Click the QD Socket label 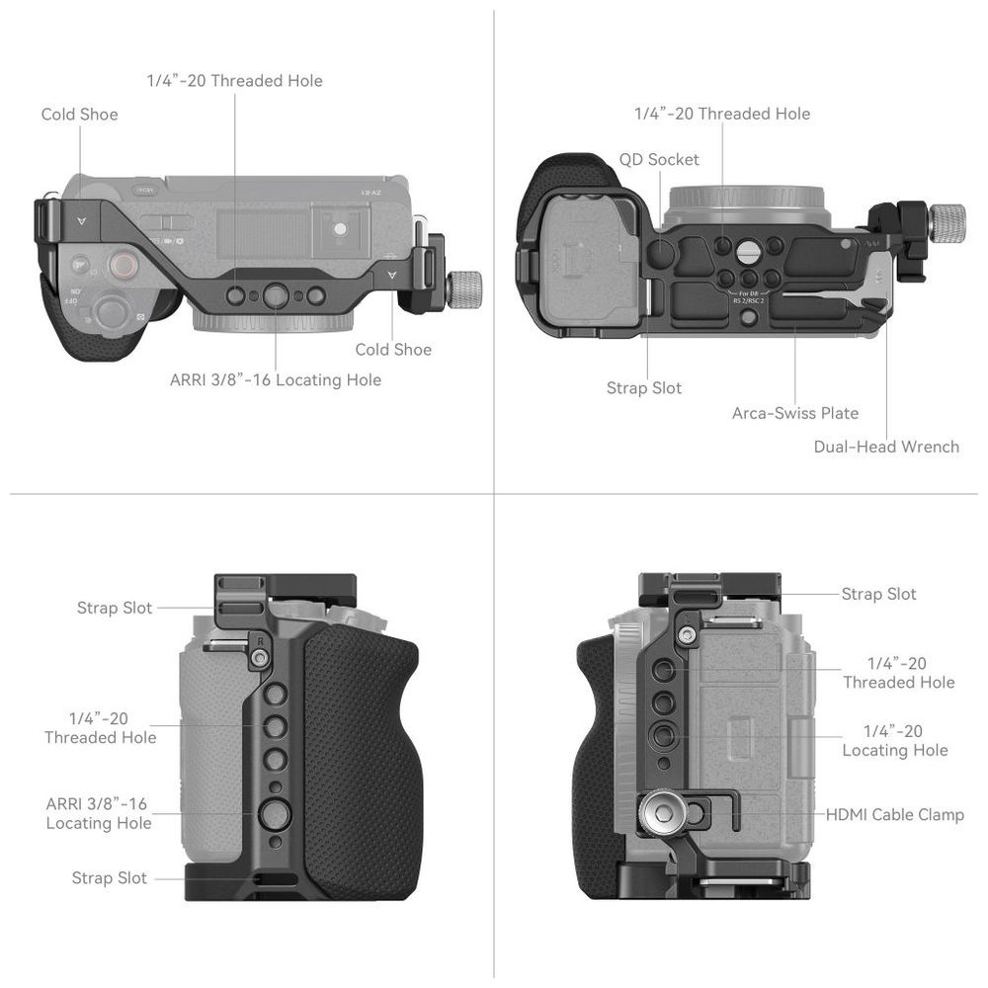(x=658, y=159)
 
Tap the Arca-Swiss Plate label (x=795, y=413)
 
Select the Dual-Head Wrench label (x=886, y=447)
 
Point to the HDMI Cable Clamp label (x=895, y=815)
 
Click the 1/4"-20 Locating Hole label (x=895, y=740)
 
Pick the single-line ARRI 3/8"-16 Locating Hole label (x=276, y=380)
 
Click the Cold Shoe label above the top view (x=79, y=114)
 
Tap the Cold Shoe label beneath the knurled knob (x=393, y=350)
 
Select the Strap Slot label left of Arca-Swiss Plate (x=644, y=388)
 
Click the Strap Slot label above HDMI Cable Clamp (x=879, y=594)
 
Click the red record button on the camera (x=123, y=265)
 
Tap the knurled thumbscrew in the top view (x=465, y=289)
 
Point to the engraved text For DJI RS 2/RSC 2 (x=749, y=297)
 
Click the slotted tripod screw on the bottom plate (x=748, y=253)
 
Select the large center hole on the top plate (x=276, y=294)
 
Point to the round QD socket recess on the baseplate (x=660, y=251)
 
